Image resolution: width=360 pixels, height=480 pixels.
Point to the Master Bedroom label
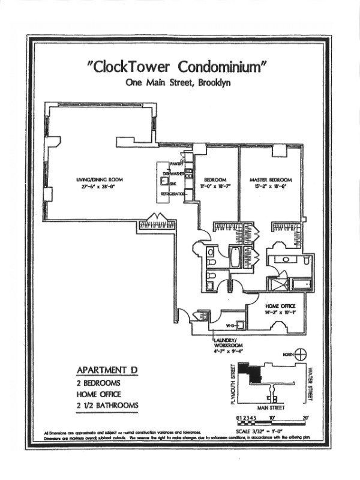point(271,180)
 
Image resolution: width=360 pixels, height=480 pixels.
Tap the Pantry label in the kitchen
point(176,163)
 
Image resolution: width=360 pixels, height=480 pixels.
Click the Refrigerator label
point(170,196)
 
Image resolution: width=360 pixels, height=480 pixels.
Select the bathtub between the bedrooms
point(236,259)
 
